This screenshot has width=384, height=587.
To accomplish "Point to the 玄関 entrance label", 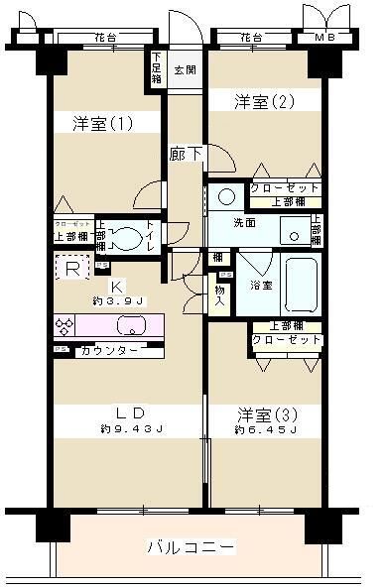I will tap(184, 70).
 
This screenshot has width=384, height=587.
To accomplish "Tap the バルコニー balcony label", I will tap(191, 547).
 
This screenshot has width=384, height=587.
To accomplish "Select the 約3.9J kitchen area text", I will tap(119, 300).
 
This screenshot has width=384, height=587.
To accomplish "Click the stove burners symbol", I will tap(66, 326).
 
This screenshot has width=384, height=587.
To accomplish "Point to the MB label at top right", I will tap(324, 38).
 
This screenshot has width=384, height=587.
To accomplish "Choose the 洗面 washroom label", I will tap(244, 223).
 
